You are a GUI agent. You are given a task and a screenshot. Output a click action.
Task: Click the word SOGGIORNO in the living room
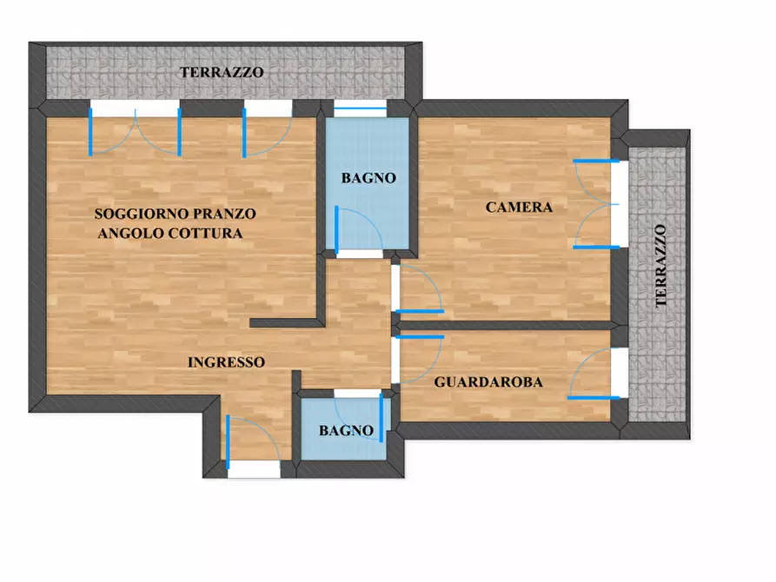pos(136,213)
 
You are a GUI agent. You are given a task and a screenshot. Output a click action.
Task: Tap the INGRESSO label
pos(226,362)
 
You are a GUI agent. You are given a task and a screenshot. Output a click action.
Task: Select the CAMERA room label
pos(519,207)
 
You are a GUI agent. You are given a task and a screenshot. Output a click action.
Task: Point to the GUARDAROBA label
pos(488,381)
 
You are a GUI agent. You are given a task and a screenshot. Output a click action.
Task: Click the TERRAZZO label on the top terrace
pos(222,73)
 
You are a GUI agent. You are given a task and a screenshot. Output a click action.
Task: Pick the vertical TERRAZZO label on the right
pos(661,266)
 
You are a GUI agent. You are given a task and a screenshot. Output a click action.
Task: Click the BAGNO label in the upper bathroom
pos(368,178)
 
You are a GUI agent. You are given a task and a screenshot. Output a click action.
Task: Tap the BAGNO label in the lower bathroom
pos(346,430)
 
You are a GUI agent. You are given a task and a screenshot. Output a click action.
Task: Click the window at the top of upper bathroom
pos(360,109)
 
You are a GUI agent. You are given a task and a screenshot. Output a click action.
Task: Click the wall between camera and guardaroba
pos(508,325)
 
